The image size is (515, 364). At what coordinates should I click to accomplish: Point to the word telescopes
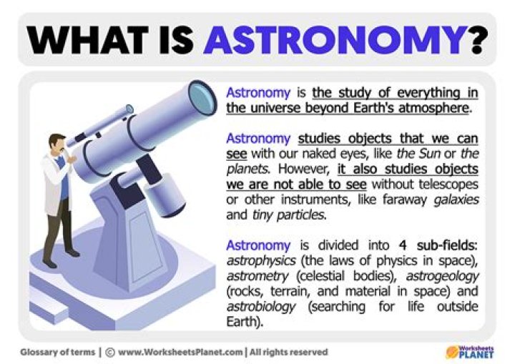click(x=446, y=186)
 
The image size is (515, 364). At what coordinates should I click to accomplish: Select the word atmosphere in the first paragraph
click(x=431, y=109)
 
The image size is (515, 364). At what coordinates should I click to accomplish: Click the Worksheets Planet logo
click(x=471, y=351)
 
